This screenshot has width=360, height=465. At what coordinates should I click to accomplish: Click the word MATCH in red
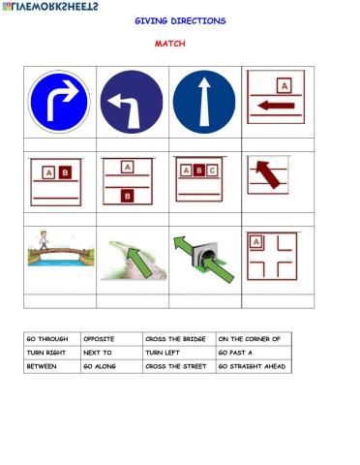click(170, 44)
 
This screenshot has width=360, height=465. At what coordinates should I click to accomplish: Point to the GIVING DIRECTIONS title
click(180, 20)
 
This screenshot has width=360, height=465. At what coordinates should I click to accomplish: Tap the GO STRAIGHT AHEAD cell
click(252, 367)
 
